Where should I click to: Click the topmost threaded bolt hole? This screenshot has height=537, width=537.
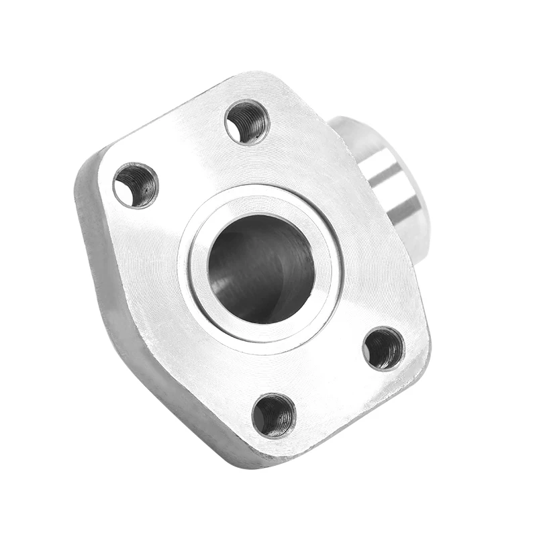pyautogui.click(x=247, y=121)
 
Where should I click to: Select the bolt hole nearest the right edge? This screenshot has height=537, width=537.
pyautogui.click(x=383, y=348)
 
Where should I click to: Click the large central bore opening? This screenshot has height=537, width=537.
pyautogui.click(x=261, y=268)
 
